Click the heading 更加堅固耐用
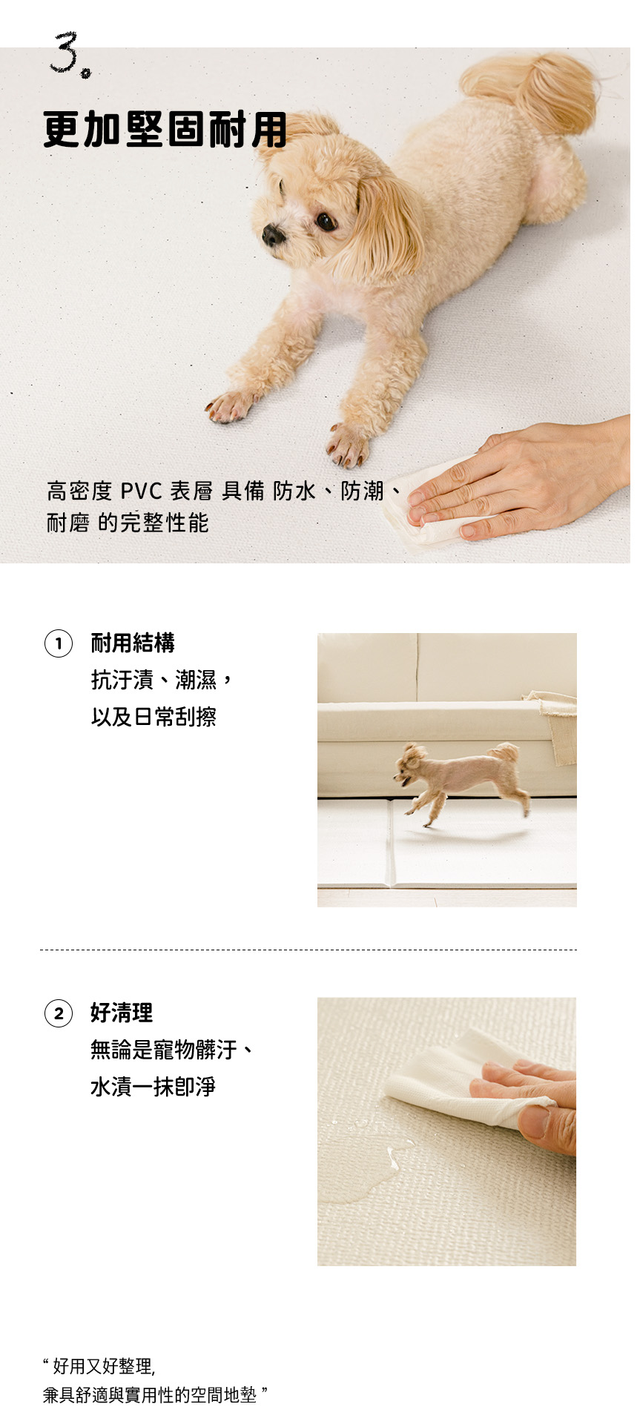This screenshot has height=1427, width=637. [x=165, y=130]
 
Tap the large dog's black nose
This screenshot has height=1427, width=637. [x=273, y=235]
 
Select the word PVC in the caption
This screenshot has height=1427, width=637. [x=141, y=491]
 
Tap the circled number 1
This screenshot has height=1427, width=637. [x=59, y=643]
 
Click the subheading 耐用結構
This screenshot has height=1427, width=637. [x=133, y=643]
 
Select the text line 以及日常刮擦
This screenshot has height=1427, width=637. [x=154, y=717]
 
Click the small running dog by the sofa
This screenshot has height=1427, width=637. [x=461, y=782]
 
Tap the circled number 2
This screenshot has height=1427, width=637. [x=59, y=1013]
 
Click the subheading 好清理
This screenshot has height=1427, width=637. [x=122, y=1012]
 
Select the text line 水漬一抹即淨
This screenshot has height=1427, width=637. [x=153, y=1087]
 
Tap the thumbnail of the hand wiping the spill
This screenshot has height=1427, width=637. [x=446, y=1131]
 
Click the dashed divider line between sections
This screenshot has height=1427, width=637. [x=308, y=949]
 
